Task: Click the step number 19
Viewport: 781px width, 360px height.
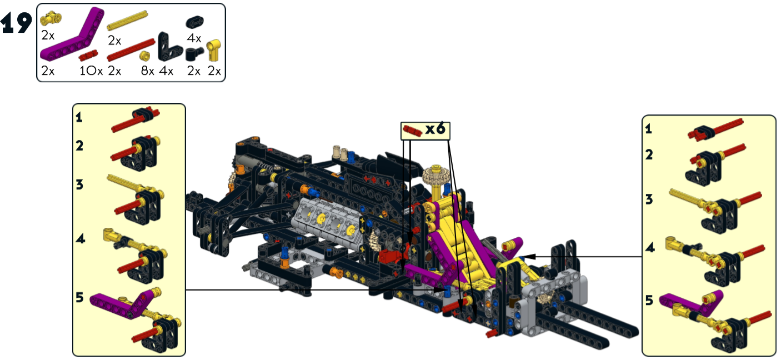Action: pos(16,23)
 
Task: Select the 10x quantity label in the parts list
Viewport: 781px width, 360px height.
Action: pos(91,71)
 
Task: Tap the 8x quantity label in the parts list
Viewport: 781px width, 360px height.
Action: pos(148,71)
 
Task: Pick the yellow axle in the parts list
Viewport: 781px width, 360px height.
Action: pos(128,21)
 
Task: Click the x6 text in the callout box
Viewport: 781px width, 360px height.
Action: pos(435,129)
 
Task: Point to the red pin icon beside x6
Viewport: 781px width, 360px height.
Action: pos(413,131)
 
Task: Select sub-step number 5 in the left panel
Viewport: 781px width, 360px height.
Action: pos(80,297)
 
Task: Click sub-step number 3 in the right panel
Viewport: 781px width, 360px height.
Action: pos(649,199)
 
